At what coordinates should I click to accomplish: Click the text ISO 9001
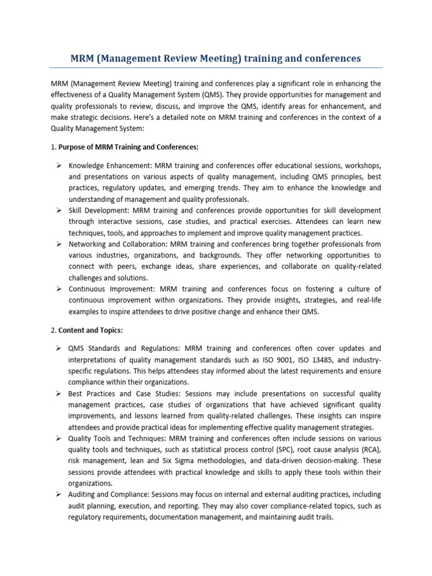coord(273,359)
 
